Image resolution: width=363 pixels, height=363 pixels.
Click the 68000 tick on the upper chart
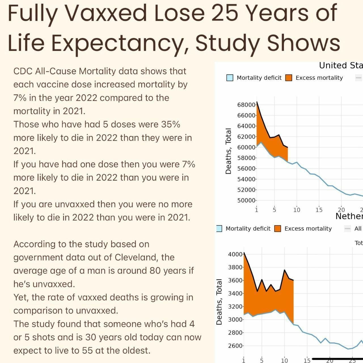pyautogui.click(x=246, y=105)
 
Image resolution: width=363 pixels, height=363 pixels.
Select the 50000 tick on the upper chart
pyautogui.click(x=246, y=201)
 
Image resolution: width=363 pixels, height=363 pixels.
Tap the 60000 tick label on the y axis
pyautogui.click(x=246, y=147)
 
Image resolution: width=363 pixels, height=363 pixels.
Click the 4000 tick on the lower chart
pyautogui.click(x=235, y=254)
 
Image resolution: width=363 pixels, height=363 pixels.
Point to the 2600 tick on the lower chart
pyautogui.click(x=235, y=346)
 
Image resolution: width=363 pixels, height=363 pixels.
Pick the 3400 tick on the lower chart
pyautogui.click(x=235, y=294)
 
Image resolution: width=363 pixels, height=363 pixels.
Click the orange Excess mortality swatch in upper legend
pyautogui.click(x=289, y=78)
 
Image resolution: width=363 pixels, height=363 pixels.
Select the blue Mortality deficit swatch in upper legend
pyautogui.click(x=230, y=78)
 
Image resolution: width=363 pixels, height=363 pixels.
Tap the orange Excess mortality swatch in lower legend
pyautogui.click(x=278, y=229)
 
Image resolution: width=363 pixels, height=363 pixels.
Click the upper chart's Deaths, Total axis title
pyautogui.click(x=228, y=151)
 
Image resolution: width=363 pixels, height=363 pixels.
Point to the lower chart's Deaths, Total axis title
pyautogui.click(x=219, y=302)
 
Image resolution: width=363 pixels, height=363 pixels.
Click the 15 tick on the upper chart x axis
pyautogui.click(x=319, y=210)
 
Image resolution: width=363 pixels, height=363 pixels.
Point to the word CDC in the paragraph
pyautogui.click(x=23, y=71)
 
